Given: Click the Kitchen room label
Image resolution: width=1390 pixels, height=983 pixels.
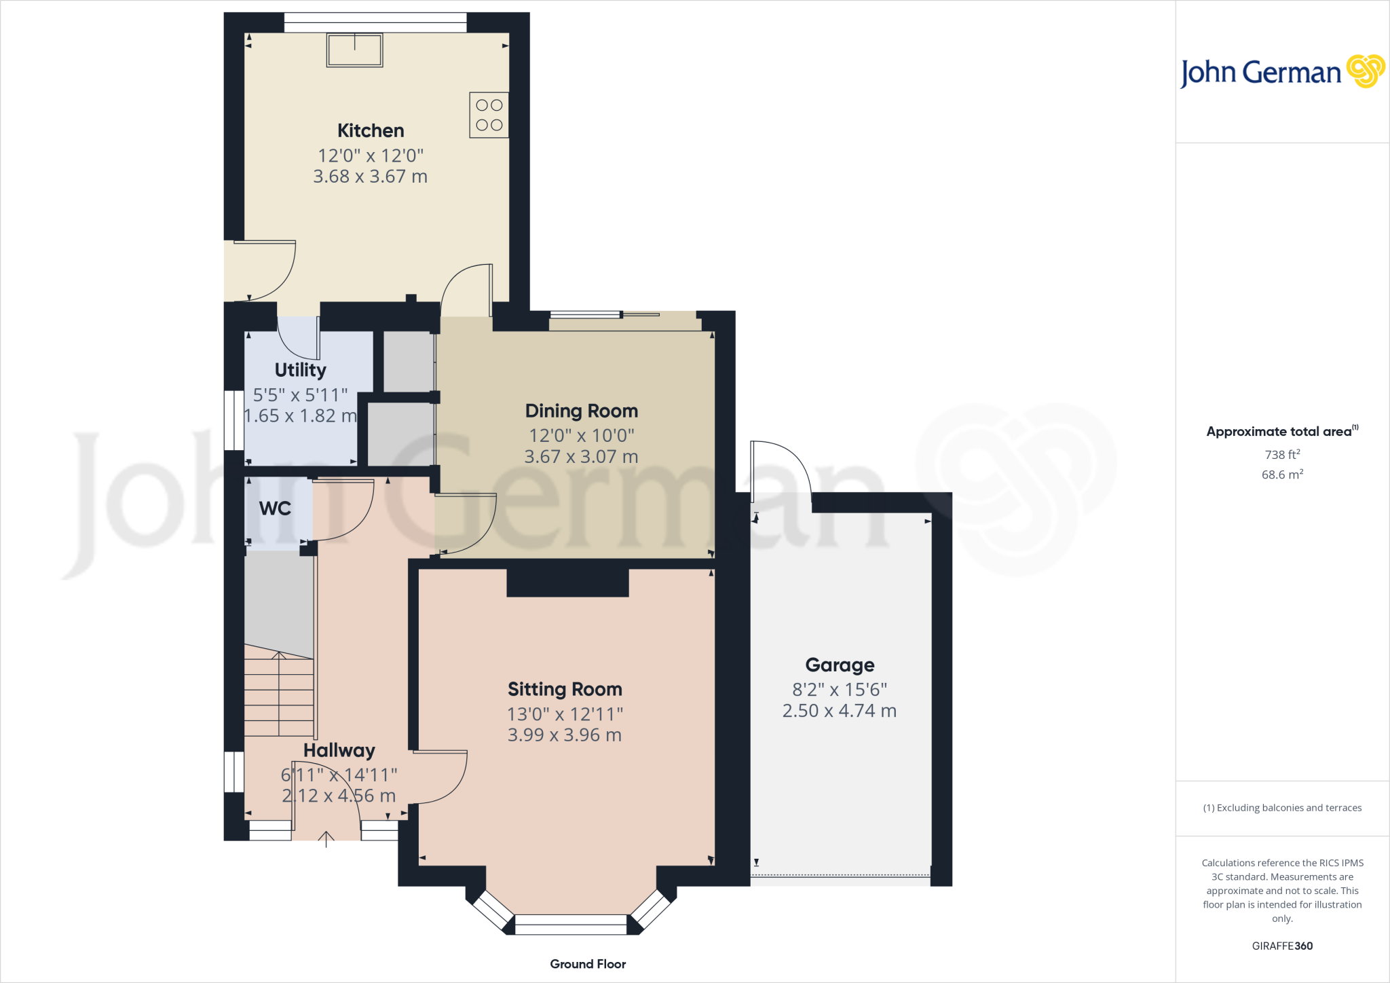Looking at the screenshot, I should pos(371,130).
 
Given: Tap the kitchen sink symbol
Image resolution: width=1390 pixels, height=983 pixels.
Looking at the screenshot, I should pos(354,50).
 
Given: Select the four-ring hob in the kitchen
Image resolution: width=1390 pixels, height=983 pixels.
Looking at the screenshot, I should pos(489,115).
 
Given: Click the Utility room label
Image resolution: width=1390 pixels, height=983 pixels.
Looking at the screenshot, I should pos(300,370).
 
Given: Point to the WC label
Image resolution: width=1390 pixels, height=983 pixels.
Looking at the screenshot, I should pos(275,508).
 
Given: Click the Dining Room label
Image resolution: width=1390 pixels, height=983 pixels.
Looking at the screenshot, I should pos(581,411).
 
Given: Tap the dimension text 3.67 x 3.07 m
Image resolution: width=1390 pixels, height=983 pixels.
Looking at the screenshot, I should pos(581,457).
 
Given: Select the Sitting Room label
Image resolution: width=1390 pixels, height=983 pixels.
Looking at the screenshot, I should pos(565,689).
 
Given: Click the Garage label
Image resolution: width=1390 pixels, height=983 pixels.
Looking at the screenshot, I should pos(840,665).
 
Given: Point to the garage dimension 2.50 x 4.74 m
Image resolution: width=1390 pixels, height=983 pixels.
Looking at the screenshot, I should pos(840,711).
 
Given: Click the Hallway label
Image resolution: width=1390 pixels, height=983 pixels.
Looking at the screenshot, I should pos(339,750).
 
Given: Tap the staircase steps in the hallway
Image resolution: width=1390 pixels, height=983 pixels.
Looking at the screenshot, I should pos(279,696).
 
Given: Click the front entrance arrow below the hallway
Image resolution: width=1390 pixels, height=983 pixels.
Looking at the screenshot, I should pos(326,840).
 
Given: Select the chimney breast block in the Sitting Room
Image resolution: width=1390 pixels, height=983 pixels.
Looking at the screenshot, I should pos(568,582).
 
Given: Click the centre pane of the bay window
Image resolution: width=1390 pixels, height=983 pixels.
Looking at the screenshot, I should pos(571,924).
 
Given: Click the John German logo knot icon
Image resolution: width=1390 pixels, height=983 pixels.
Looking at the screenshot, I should pos(1365,71).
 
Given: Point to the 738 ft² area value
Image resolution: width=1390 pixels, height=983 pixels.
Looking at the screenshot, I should pos(1282,454).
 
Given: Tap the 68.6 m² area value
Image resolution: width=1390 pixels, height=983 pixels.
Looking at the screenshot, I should pos(1282,475).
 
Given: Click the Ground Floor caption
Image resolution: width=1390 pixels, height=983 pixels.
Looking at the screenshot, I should pos(588,964).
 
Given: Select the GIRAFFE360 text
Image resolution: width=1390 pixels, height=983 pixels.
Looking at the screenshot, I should pos(1282,946).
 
